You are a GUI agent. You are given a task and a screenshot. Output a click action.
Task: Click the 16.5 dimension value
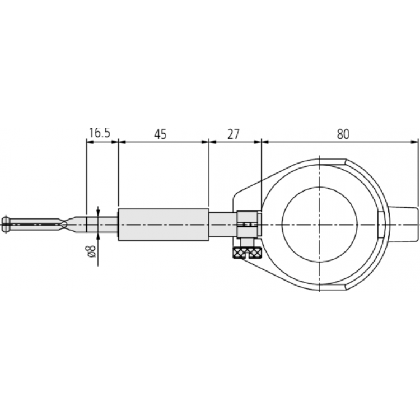tap(100, 133)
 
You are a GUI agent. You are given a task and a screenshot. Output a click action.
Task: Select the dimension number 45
tap(161, 133)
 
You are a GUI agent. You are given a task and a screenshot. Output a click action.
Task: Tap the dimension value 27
tap(234, 133)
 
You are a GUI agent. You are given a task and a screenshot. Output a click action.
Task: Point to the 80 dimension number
tap(343, 133)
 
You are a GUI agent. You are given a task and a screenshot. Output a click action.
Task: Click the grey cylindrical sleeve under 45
tap(163, 225)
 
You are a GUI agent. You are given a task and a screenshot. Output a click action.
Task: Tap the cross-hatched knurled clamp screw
tap(248, 253)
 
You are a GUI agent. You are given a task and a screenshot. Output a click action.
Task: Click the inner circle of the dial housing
tap(319, 224)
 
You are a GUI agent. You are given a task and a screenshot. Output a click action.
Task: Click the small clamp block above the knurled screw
tap(247, 225)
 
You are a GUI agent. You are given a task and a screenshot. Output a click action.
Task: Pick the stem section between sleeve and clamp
tap(222, 225)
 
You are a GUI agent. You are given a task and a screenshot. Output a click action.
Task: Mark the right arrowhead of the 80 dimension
tap(415, 142)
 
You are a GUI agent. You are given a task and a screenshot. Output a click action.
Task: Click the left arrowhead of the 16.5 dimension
tap(88, 142)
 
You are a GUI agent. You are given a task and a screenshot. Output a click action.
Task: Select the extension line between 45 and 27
tap(209, 174)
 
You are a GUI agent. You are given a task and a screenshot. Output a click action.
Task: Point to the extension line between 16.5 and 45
tap(118, 174)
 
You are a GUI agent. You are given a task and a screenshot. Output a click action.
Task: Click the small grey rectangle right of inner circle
tap(381, 225)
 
